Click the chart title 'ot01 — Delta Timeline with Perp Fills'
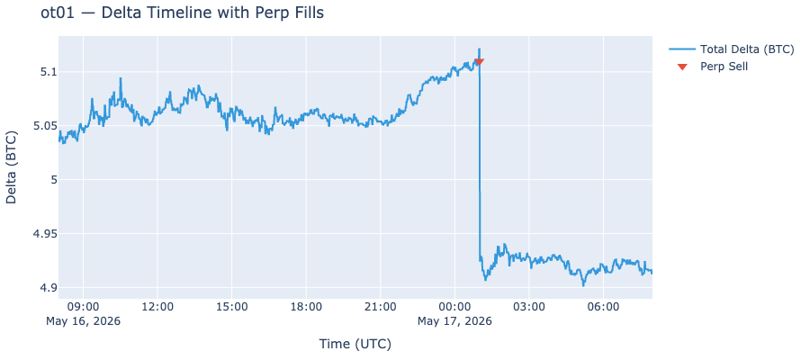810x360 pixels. (x=182, y=13)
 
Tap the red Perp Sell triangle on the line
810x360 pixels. (x=479, y=62)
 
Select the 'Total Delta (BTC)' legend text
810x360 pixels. (x=746, y=49)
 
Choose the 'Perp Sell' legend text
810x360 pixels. (x=724, y=66)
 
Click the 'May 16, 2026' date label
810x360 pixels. (x=83, y=322)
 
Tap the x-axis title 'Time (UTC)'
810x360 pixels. (x=355, y=344)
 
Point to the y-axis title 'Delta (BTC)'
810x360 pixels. (x=12, y=167)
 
